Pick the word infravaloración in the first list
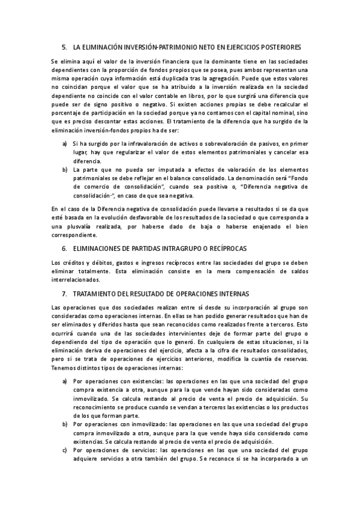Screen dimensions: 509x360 [133, 144]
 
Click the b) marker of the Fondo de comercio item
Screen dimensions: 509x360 [64, 170]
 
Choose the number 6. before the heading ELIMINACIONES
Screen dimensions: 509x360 [64, 248]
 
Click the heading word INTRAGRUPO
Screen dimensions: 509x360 [185, 248]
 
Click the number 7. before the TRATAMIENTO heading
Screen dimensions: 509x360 [64, 294]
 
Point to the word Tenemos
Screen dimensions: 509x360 [65, 367]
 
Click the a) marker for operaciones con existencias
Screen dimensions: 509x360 [64, 381]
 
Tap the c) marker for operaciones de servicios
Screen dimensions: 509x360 [64, 450]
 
